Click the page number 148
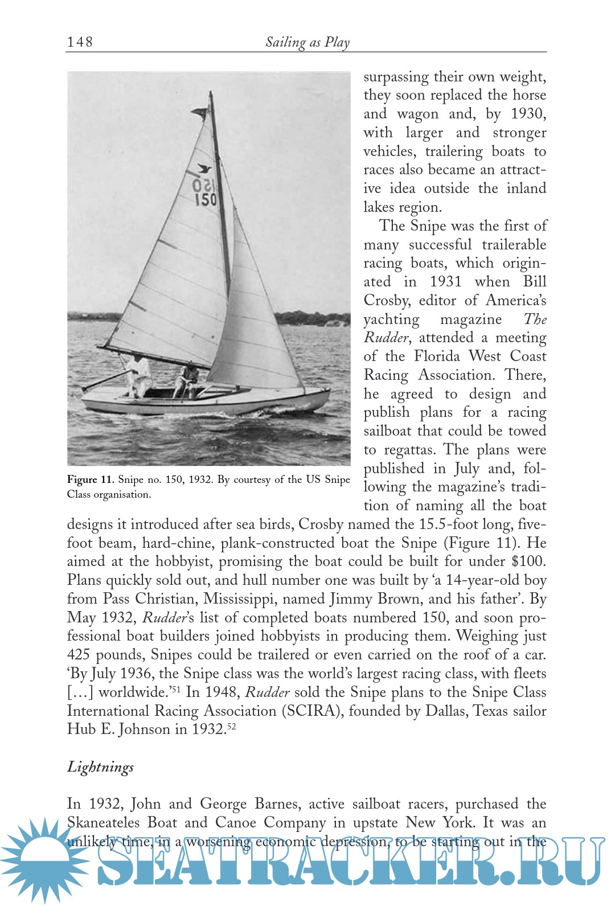coord(80,42)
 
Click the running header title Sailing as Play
coord(307,42)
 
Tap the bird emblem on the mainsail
coord(204,169)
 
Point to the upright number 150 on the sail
coord(206,199)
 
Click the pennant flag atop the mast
coord(199,113)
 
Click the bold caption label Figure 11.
coord(91,479)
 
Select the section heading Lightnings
coord(101,767)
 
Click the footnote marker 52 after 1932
coord(231,727)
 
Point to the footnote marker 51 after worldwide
coord(177,689)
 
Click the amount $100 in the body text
coord(528,561)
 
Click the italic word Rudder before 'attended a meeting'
coord(386,338)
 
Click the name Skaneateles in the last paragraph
coord(103,823)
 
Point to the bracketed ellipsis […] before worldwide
coord(80,692)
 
